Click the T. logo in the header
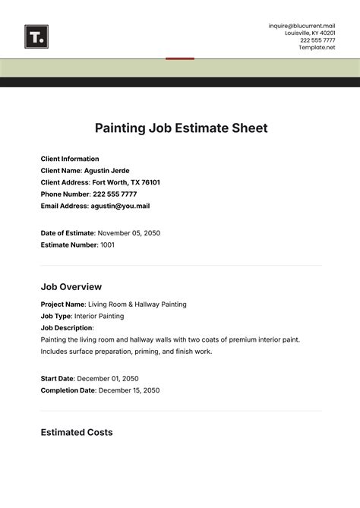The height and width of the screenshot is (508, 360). tap(36, 35)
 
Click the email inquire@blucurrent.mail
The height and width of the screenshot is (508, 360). tap(302, 26)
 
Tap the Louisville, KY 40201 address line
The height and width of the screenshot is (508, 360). tap(310, 33)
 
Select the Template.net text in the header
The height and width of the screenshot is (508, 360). tap(317, 47)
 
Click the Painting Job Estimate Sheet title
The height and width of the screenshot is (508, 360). tap(181, 128)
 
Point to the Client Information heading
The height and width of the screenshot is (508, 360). tap(70, 159)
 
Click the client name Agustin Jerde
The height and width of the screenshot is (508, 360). tap(107, 171)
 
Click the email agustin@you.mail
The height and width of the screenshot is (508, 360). tap(120, 205)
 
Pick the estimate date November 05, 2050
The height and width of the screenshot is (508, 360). tap(129, 233)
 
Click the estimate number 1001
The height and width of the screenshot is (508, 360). tap(108, 245)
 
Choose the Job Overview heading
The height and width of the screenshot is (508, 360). tap(71, 287)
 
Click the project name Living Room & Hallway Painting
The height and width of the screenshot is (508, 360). tap(137, 304)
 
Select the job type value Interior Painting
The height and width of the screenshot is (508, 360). tap(100, 316)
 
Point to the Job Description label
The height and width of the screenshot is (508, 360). tap(68, 328)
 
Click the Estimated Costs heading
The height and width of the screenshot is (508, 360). tap(76, 432)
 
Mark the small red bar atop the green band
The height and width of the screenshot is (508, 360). tap(180, 58)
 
